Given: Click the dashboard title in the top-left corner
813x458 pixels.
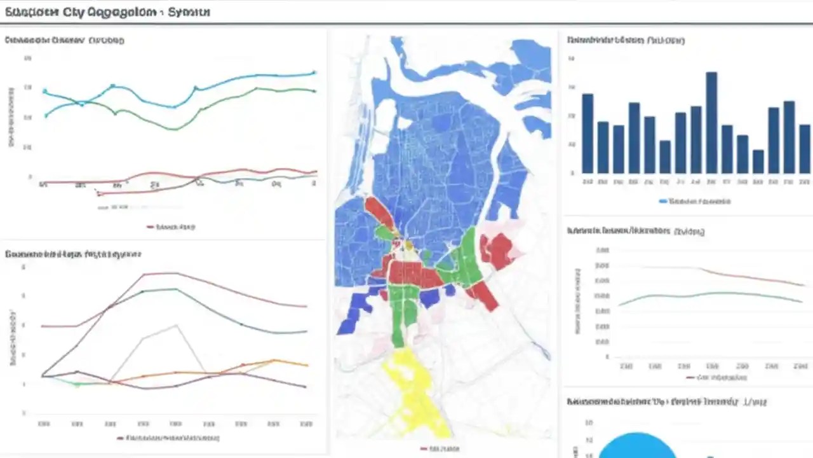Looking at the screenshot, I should pyautogui.click(x=107, y=12).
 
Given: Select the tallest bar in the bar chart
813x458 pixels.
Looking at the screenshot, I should pyautogui.click(x=711, y=123).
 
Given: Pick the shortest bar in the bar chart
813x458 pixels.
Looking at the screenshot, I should pyautogui.click(x=758, y=162).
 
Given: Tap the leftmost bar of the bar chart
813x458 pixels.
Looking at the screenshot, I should pyautogui.click(x=588, y=134).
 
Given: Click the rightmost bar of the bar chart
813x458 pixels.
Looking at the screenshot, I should pyautogui.click(x=804, y=149).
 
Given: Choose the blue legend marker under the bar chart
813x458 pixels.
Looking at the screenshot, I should pyautogui.click(x=663, y=201).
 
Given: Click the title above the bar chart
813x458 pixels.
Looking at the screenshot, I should pyautogui.click(x=626, y=40).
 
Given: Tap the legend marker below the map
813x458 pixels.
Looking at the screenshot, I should pyautogui.click(x=424, y=448).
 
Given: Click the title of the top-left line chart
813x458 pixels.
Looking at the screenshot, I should pyautogui.click(x=64, y=40).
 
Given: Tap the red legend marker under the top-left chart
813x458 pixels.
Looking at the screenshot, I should pyautogui.click(x=151, y=226).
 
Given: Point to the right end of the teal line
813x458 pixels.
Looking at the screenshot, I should pyautogui.click(x=314, y=73).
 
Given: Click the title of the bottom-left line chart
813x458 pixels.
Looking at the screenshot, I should pyautogui.click(x=73, y=254).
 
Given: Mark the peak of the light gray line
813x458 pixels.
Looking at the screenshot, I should pyautogui.click(x=176, y=325).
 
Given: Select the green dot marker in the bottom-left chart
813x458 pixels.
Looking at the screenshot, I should pyautogui.click(x=77, y=384).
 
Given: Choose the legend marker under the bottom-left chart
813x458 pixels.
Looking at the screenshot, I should pyautogui.click(x=121, y=438).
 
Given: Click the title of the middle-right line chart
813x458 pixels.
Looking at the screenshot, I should pyautogui.click(x=635, y=231).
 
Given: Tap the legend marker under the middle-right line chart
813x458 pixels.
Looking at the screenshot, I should pyautogui.click(x=691, y=377).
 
